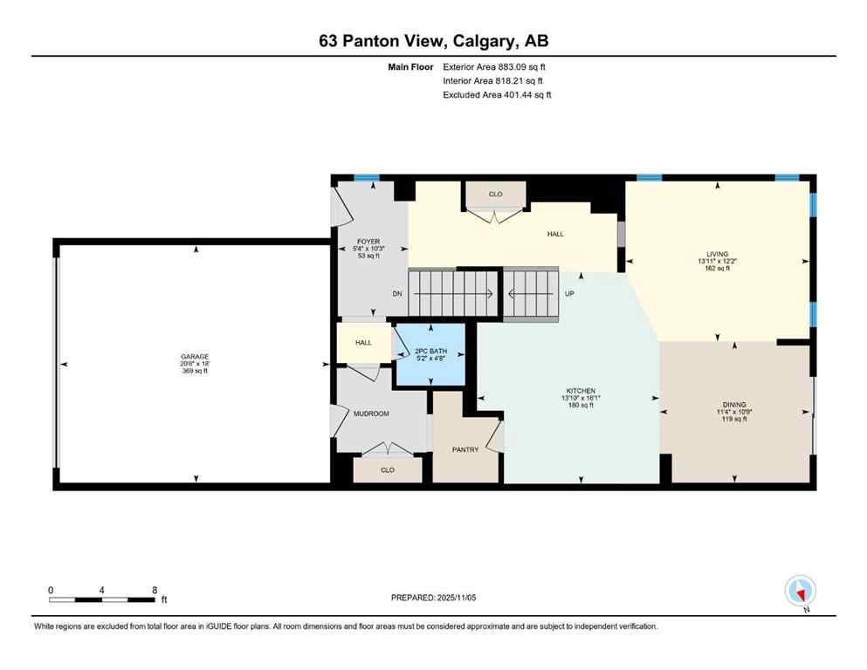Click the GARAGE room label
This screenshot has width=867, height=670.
click(194, 357)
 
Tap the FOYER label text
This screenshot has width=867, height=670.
click(368, 242)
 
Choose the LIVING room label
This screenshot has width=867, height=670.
click(717, 254)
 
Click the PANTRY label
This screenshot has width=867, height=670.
click(464, 449)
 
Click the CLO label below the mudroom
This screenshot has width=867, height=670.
click(387, 469)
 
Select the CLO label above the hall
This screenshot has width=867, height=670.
click(495, 194)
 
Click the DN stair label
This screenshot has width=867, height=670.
click(396, 294)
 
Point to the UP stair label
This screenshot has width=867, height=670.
click(569, 294)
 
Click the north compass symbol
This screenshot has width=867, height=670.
click(800, 591)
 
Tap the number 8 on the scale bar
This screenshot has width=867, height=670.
click(155, 589)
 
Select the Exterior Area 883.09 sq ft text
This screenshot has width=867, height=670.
click(495, 66)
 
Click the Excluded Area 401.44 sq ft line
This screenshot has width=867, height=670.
click(497, 94)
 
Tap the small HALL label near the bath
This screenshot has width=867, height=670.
click(363, 343)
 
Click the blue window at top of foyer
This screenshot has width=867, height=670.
click(367, 178)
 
